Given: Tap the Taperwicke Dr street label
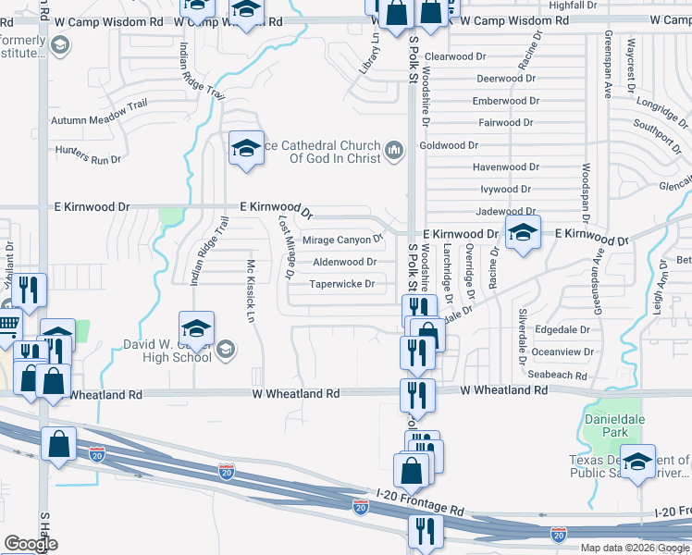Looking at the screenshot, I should coord(342,284).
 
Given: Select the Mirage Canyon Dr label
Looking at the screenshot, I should coord(343,240).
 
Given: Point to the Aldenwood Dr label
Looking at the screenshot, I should coord(344,262).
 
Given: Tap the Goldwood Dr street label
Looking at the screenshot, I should coord(449,145).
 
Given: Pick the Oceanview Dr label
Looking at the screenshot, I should coord(562,351).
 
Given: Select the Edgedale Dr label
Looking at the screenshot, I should coord(562,329).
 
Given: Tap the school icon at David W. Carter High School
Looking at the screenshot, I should coord(196,330).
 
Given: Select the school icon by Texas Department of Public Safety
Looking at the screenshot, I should coord(638,462).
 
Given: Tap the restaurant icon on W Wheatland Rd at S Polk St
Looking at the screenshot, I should coord(417,395).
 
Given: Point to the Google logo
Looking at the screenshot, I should coord(31,544).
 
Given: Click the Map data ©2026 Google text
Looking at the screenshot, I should coord(634,548).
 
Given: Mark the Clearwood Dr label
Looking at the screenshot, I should coord(455,56).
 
